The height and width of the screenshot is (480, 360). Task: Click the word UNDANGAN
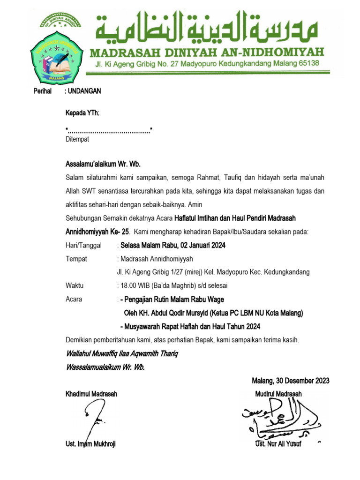click(84, 91)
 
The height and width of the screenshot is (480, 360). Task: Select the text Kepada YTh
click(82, 112)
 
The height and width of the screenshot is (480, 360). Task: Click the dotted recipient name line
click(110, 129)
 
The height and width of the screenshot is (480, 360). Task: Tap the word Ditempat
click(77, 139)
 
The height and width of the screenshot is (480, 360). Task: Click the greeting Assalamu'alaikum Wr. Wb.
click(103, 164)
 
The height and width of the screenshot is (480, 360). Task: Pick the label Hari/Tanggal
click(84, 245)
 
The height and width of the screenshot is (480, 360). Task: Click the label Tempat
click(76, 259)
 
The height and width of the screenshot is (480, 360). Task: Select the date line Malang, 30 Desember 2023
click(291, 380)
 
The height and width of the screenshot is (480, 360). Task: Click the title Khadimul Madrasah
click(91, 394)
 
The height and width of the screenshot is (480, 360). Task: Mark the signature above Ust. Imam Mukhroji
click(94, 420)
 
